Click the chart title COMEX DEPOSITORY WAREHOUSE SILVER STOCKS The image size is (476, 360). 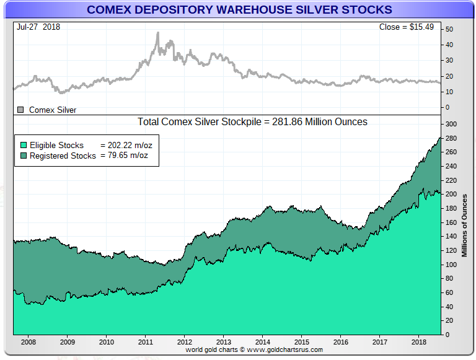click(x=239, y=10)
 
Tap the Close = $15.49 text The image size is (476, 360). click(x=408, y=28)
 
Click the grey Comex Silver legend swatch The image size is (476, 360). click(x=20, y=110)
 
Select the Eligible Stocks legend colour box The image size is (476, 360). click(x=24, y=145)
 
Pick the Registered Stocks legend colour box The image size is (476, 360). click(x=24, y=156)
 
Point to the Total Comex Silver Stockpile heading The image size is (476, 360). click(x=252, y=122)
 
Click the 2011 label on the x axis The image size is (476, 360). click(x=146, y=341)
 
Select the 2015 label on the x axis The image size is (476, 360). click(x=301, y=341)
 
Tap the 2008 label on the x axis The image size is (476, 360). click(x=29, y=341)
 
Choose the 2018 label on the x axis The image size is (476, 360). click(x=418, y=341)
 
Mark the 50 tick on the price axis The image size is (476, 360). click(x=449, y=29)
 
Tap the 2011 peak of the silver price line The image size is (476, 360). click(x=157, y=33)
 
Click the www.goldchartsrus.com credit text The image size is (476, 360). click(x=254, y=350)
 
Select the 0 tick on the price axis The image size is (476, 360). click(x=447, y=107)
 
